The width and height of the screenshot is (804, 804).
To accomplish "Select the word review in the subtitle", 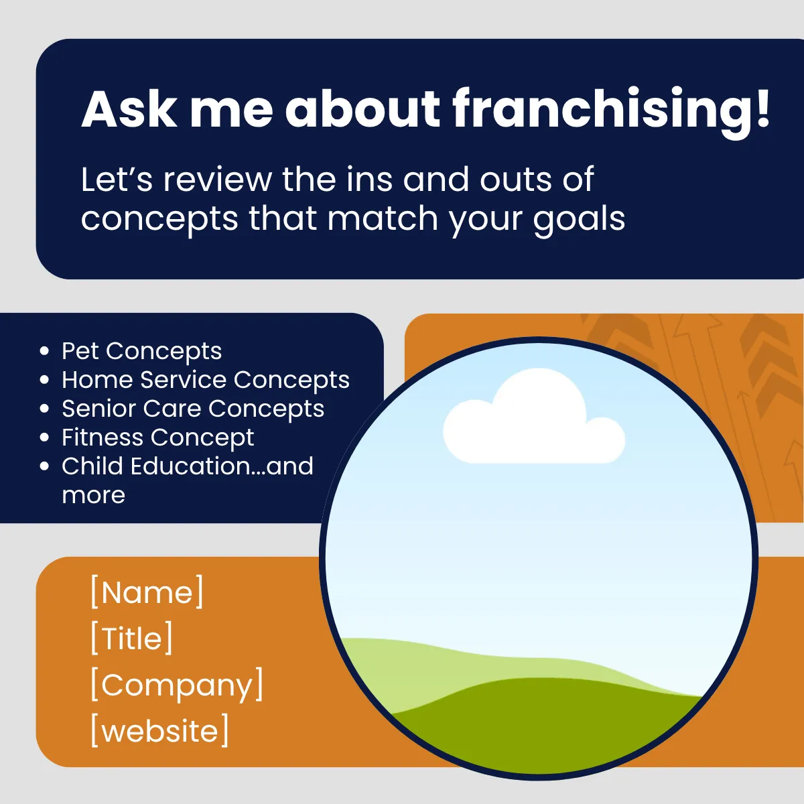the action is [217, 180].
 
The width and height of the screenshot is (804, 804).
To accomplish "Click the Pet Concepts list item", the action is [142, 351].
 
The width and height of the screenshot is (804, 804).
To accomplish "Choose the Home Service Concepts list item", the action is [206, 380].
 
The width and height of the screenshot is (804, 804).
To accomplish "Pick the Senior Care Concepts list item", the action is [193, 409].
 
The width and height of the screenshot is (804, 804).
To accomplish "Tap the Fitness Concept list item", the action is [157, 438].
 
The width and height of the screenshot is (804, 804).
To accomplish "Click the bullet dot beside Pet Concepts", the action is [44, 351].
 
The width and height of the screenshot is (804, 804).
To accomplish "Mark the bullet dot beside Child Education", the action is [44, 466].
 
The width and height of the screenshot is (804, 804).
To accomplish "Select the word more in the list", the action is [93, 496].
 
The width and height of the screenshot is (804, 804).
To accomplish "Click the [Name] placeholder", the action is [147, 592].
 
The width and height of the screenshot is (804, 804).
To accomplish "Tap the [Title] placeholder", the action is [131, 638].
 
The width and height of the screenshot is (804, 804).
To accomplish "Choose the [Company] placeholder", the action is [177, 685].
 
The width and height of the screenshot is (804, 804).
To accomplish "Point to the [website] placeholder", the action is [159, 730].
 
